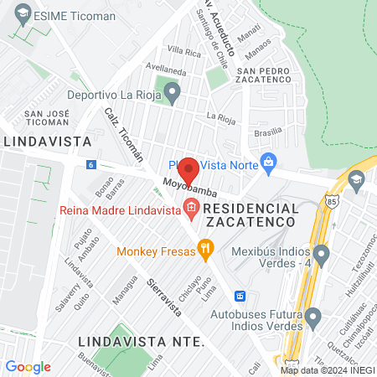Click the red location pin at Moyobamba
(x=189, y=171)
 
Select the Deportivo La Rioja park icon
(x=173, y=92)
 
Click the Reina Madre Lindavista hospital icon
(x=192, y=207)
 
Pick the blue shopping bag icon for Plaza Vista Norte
(x=269, y=163)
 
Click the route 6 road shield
(x=90, y=165)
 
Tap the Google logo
(x=28, y=366)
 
